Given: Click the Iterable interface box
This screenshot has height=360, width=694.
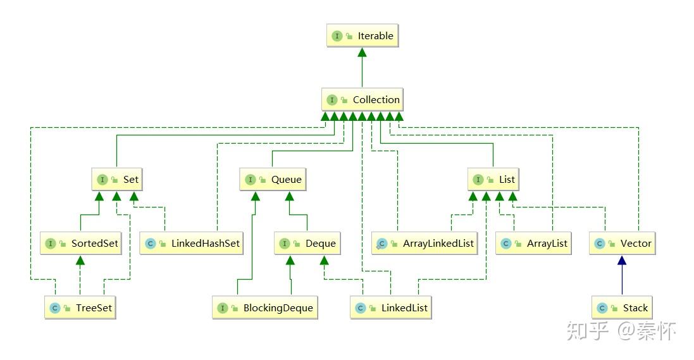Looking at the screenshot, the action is tap(362, 36).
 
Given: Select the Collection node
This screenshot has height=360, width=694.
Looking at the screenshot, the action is tap(362, 99).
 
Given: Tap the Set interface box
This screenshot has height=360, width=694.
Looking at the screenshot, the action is tap(117, 179).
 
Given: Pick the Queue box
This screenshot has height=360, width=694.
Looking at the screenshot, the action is tap(273, 179).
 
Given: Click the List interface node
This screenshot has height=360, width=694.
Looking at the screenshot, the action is tap(493, 179).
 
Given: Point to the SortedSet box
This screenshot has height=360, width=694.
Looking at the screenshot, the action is tap(81, 243).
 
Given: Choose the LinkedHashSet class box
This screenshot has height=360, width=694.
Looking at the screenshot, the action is tap(192, 243).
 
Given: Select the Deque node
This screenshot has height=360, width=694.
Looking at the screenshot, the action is tap(307, 243).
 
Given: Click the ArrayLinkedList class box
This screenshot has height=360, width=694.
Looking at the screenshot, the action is tap(424, 243).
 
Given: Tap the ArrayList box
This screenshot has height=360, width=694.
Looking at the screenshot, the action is tap(533, 243).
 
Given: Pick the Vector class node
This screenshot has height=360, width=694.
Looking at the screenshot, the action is tap(623, 243).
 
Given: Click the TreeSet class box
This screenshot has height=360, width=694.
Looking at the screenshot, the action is tap(80, 307).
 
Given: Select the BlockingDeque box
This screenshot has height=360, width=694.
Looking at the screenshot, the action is tap(265, 307).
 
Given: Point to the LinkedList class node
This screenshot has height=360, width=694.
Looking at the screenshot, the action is tap(391, 307).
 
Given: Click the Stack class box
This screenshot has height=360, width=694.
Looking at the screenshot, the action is tap(622, 307).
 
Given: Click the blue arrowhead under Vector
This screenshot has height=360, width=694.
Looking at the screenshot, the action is tap(622, 261).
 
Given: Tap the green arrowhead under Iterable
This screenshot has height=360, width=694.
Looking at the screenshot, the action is tap(362, 53).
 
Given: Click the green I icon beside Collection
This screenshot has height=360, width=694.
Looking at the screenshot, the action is tap(332, 100).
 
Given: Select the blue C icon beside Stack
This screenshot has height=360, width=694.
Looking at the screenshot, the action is tap(602, 308).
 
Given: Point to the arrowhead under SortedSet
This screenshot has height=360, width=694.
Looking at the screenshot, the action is tap(80, 261).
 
